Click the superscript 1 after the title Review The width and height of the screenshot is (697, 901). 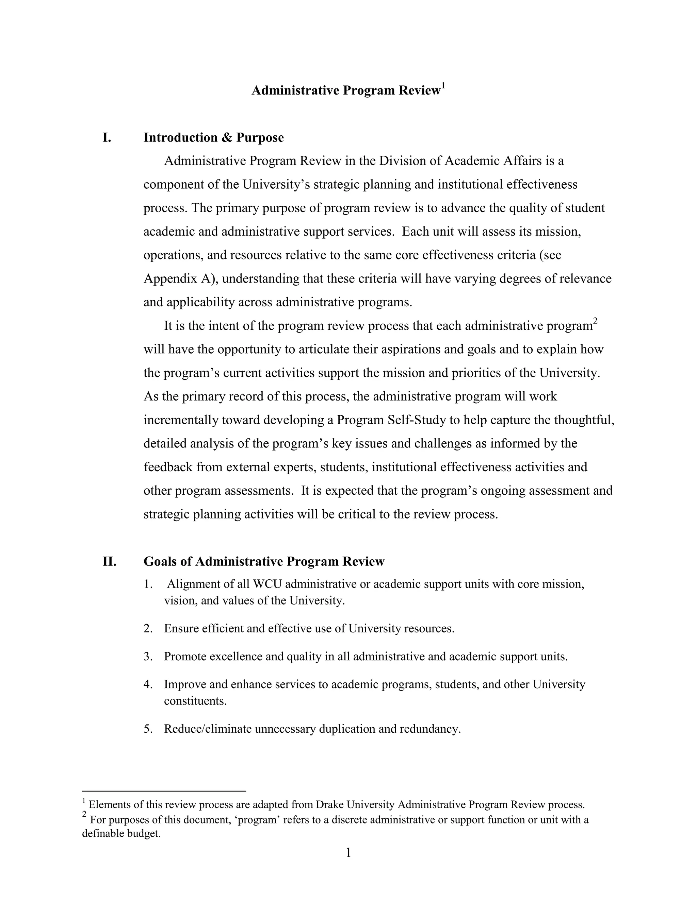click(443, 86)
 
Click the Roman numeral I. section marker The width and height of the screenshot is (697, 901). click(107, 138)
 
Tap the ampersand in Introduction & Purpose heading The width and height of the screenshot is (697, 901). click(227, 138)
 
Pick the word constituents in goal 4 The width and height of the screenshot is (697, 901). click(195, 701)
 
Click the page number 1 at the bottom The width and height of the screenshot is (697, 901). click(348, 852)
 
